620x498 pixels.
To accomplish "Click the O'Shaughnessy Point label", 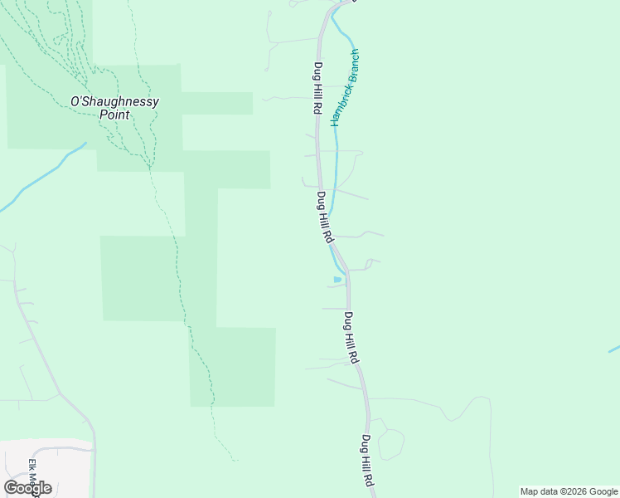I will pyautogui.click(x=114, y=108).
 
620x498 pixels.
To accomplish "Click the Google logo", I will pyautogui.click(x=27, y=487).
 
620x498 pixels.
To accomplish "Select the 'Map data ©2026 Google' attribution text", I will pyautogui.click(x=569, y=491).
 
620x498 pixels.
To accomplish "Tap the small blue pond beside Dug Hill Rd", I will pyautogui.click(x=337, y=280).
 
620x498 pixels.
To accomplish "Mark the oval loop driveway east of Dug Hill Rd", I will pyautogui.click(x=391, y=443).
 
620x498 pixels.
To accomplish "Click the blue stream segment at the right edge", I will pyautogui.click(x=614, y=349).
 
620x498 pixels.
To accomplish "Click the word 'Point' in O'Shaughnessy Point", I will pyautogui.click(x=114, y=115).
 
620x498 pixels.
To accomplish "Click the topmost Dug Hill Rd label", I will pyautogui.click(x=317, y=88).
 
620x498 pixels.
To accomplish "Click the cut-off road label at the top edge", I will pyautogui.click(x=353, y=2).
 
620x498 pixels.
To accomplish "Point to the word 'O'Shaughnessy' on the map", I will pyautogui.click(x=114, y=101).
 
